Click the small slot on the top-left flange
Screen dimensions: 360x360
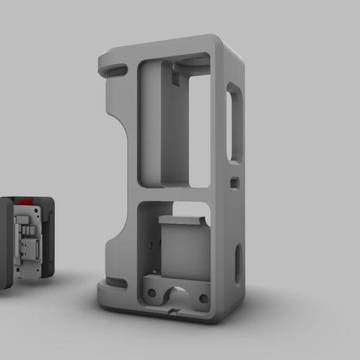click(x=117, y=69)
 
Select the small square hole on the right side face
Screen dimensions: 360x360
click(x=234, y=182)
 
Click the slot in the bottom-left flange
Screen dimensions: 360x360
click(x=115, y=283)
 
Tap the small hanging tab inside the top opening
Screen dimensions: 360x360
click(x=174, y=73)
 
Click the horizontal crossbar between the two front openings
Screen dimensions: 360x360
click(x=171, y=195)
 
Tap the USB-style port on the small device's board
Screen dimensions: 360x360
click(x=31, y=248)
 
